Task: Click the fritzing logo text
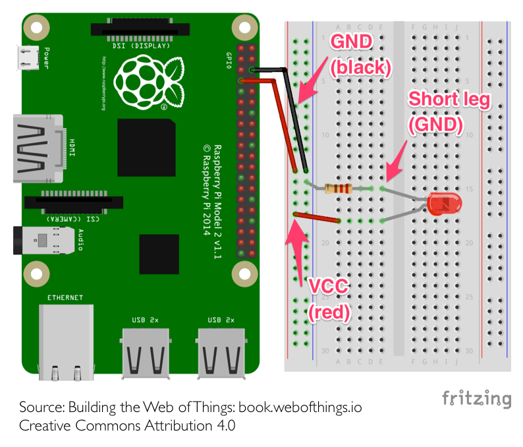click(x=476, y=398)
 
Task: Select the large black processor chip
click(x=146, y=148)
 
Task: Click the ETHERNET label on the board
click(x=65, y=298)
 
